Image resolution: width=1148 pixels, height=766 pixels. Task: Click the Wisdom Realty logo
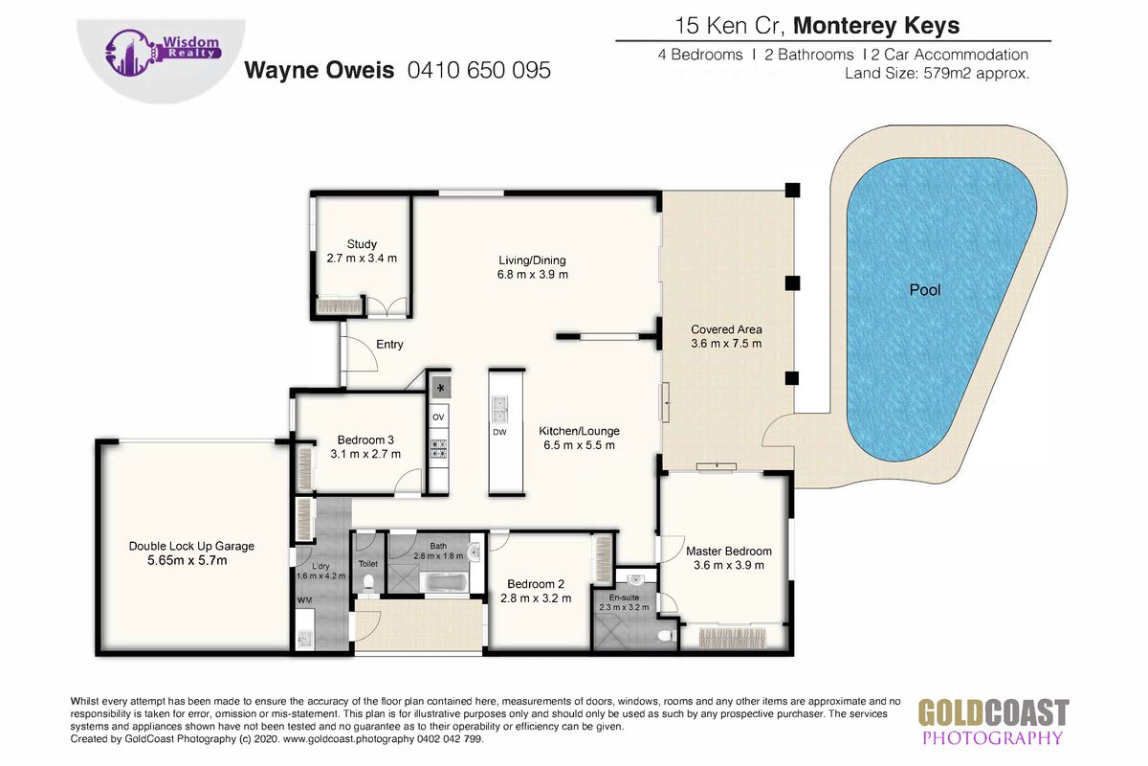(x=163, y=53)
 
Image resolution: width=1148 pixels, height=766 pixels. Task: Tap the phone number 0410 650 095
(x=478, y=70)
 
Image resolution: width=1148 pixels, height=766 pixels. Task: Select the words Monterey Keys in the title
(x=876, y=26)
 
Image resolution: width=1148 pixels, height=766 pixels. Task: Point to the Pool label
(x=925, y=290)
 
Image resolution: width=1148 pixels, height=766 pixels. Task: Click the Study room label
(x=362, y=244)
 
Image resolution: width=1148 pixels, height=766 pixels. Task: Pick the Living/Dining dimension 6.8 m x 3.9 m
(x=533, y=275)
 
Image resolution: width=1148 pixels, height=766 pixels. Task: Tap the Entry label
(x=389, y=345)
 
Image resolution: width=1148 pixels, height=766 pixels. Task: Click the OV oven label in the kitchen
(x=438, y=417)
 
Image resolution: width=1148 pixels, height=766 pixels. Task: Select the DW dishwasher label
(x=499, y=432)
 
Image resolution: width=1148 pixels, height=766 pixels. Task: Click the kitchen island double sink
(x=499, y=409)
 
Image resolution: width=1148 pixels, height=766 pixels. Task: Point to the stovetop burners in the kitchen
(x=438, y=449)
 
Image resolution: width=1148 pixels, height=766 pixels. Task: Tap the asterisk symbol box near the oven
(x=440, y=388)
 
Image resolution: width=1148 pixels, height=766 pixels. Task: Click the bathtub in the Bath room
(x=444, y=582)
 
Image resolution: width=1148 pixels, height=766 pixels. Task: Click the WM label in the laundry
(x=304, y=599)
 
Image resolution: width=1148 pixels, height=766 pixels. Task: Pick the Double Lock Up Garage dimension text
(x=188, y=560)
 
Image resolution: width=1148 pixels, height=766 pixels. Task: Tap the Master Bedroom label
(x=729, y=551)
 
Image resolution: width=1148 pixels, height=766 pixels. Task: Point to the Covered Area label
(x=726, y=329)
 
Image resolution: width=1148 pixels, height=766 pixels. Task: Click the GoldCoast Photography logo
(x=993, y=722)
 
